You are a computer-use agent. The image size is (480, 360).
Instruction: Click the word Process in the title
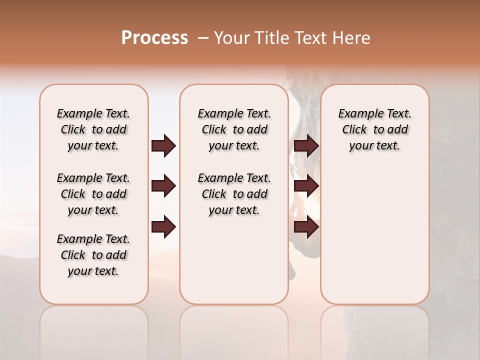[154, 37]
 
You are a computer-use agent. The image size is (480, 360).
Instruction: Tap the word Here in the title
[352, 37]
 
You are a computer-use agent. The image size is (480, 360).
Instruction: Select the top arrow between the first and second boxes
[163, 146]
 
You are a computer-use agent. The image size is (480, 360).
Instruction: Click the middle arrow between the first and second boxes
[163, 186]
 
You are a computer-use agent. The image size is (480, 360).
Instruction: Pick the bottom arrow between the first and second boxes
[163, 227]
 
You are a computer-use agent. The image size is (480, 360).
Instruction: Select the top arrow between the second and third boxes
[306, 146]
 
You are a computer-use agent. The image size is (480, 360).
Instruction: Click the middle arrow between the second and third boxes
[306, 186]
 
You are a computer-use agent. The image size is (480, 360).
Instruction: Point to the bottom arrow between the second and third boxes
[306, 227]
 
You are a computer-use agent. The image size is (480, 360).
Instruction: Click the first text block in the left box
[93, 129]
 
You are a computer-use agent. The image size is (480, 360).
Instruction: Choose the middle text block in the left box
[93, 194]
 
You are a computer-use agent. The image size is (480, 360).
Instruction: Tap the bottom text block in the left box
[93, 255]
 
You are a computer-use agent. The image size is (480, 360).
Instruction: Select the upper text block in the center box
[234, 129]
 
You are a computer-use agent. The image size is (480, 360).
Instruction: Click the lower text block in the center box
[234, 194]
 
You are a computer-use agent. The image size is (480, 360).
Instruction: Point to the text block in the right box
[375, 129]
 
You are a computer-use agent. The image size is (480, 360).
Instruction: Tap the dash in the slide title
[203, 38]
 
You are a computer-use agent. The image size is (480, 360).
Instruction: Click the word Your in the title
[231, 37]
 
